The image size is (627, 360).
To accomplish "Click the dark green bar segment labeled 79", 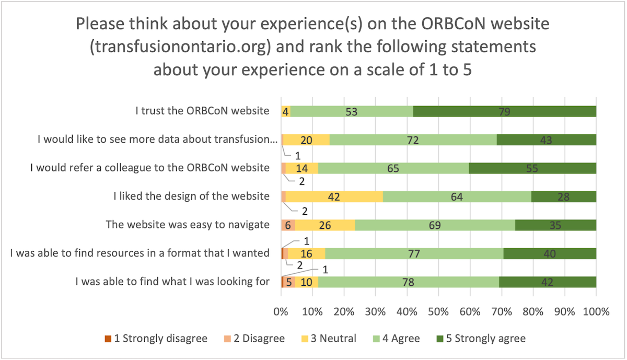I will [504, 111].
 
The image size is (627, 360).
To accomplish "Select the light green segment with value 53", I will [352, 111].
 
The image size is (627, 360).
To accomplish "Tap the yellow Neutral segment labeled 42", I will [334, 196].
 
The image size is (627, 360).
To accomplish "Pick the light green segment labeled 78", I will [409, 282].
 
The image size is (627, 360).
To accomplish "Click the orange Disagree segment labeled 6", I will [288, 225].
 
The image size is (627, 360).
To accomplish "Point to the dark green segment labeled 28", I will [563, 196].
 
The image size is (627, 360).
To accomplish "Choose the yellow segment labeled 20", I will [307, 140].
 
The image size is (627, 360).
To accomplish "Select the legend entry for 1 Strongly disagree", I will [156, 338].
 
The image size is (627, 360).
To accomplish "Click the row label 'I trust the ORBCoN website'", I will [202, 111].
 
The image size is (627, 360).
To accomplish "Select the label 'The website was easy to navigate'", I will [188, 225].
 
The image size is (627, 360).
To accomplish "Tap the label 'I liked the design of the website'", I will [191, 196].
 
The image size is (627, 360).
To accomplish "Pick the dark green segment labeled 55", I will [532, 168].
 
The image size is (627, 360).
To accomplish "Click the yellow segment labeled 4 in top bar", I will [286, 111].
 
